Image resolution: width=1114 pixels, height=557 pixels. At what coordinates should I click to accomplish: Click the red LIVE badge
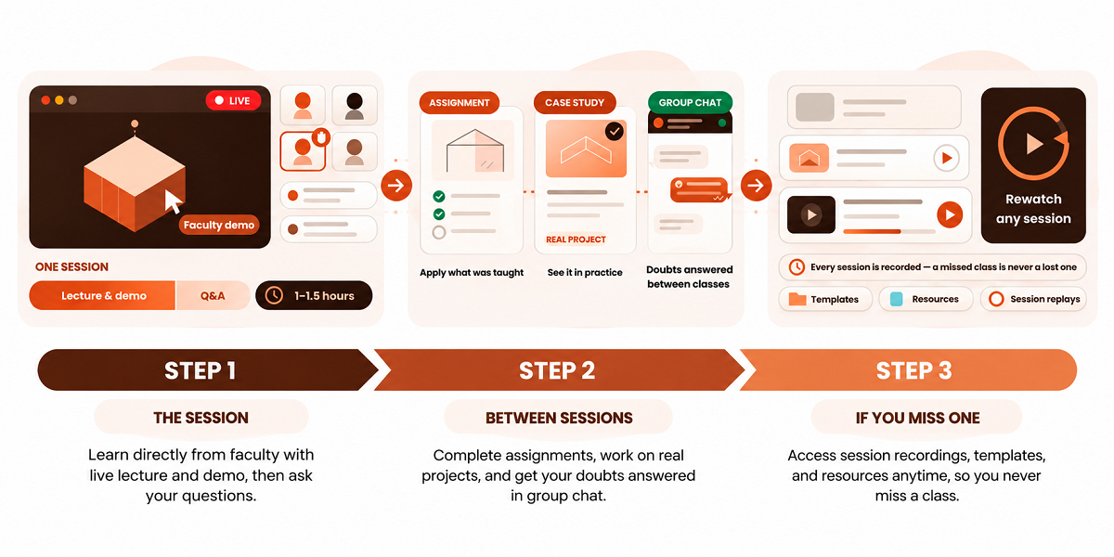click(x=233, y=100)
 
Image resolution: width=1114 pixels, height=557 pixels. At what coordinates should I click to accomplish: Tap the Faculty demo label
click(x=219, y=225)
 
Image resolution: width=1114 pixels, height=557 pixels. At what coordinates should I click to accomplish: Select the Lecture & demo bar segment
click(x=102, y=295)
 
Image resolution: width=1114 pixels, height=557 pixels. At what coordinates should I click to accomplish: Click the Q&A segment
click(x=213, y=295)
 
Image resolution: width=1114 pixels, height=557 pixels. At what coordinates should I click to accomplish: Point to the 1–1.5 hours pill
click(x=314, y=295)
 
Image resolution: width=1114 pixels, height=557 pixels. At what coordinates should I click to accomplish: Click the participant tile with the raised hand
click(x=303, y=150)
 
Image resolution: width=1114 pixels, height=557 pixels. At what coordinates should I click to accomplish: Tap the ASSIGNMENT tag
click(x=459, y=102)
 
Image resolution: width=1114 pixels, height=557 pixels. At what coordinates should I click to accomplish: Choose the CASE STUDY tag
click(x=575, y=102)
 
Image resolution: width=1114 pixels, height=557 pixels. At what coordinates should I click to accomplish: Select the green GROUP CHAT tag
click(x=690, y=102)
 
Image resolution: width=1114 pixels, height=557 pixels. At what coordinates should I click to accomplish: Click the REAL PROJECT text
click(x=576, y=240)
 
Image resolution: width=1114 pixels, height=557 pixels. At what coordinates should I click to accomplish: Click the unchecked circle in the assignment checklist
click(x=438, y=232)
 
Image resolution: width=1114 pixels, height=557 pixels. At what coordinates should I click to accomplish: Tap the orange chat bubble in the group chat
click(x=699, y=190)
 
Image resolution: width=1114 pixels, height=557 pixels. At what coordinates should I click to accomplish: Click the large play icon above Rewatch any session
click(x=1034, y=144)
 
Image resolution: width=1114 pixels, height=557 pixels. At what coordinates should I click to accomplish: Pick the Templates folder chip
click(x=825, y=299)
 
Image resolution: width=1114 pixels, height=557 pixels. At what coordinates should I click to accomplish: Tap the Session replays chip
click(x=1033, y=299)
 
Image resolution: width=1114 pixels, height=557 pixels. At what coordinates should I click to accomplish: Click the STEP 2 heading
click(x=557, y=370)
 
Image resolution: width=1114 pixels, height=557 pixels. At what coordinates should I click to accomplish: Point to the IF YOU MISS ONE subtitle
click(x=917, y=418)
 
